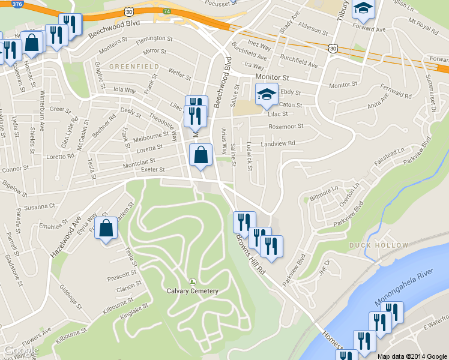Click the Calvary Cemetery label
[192, 291]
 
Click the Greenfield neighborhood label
[133, 65]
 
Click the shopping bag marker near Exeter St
[200, 155]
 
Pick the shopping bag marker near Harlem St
[106, 229]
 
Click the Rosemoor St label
[286, 126]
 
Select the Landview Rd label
[279, 143]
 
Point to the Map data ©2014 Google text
[412, 356]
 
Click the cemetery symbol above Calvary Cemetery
[192, 281]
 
